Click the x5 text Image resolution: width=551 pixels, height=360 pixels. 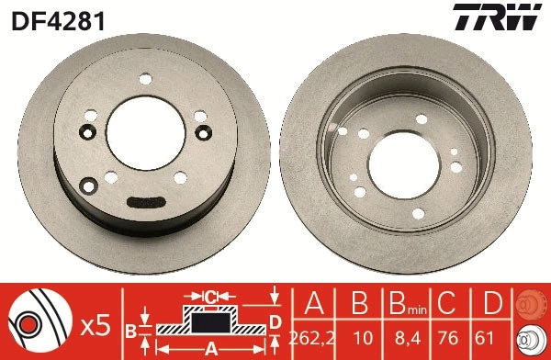pos(94,324)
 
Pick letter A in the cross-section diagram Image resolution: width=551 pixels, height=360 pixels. pos(210,347)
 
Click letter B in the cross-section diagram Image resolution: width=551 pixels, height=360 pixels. pos(131,329)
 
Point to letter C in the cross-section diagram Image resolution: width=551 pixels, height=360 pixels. pos(210,296)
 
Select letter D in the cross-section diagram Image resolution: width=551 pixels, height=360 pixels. pos(274,320)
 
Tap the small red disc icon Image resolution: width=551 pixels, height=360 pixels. pos(532,305)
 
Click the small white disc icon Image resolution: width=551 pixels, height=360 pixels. pos(532,339)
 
